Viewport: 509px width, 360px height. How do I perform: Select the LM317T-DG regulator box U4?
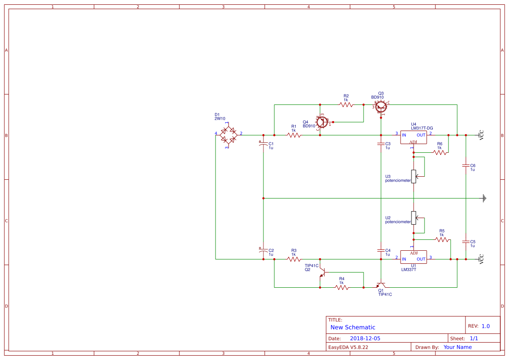click(x=413, y=137)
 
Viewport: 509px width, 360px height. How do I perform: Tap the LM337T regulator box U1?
click(x=413, y=256)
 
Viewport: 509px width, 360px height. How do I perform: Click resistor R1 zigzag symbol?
click(x=294, y=135)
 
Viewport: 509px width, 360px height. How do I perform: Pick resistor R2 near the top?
click(x=346, y=104)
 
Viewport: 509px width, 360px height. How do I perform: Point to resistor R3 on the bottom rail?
click(x=294, y=259)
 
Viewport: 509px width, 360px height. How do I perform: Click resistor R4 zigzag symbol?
click(x=342, y=287)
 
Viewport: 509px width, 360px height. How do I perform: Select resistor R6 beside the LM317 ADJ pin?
click(x=440, y=152)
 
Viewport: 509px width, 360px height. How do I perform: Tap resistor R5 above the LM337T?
click(x=442, y=239)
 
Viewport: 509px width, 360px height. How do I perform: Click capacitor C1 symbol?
click(x=263, y=144)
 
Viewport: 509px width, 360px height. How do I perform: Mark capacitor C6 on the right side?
click(x=466, y=166)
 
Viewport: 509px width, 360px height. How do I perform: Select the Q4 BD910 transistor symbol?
click(x=322, y=123)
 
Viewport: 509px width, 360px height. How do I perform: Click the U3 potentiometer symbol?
click(x=414, y=176)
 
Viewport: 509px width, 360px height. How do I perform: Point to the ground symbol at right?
click(x=484, y=198)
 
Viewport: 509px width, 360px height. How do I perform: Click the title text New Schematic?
click(x=353, y=327)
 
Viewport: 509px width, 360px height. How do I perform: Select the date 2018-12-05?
click(x=365, y=338)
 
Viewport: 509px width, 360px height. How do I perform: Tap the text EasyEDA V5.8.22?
click(x=348, y=347)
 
